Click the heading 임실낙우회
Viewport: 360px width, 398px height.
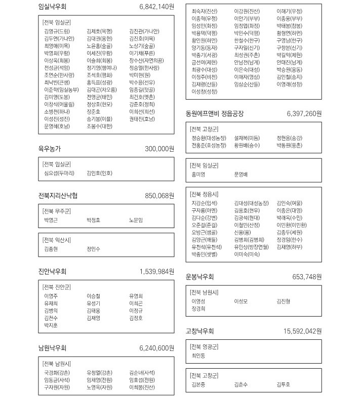pos(52,7)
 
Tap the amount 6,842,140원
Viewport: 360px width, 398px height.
pos(156,7)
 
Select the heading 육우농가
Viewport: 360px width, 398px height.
pos(49,149)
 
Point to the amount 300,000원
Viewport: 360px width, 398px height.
pos(159,149)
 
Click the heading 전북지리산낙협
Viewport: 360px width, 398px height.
pos(58,196)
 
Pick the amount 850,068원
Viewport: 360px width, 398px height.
pos(159,196)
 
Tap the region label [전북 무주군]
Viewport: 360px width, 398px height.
pos(57,211)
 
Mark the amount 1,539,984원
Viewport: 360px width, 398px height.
pos(156,272)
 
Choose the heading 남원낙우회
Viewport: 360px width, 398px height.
pos(52,348)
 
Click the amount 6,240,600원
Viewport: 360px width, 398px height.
pos(156,348)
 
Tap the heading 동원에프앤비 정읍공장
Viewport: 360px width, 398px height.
pos(215,114)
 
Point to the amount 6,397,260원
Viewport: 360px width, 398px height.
pos(304,114)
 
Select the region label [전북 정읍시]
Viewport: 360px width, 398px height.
pos(204,194)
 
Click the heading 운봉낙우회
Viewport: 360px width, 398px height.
pos(200,277)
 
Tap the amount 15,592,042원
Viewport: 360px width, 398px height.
pos(303,331)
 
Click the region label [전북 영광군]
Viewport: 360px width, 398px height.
pos(204,346)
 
